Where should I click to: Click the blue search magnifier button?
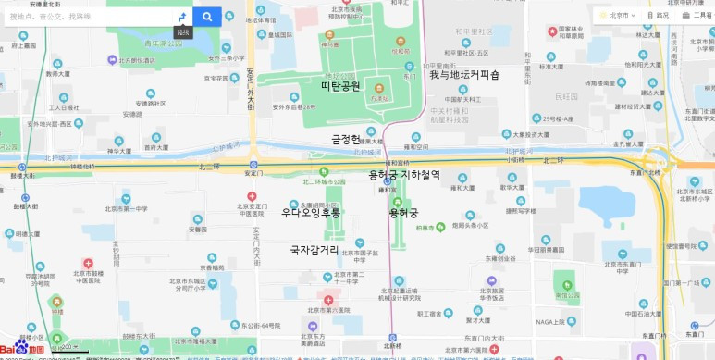208,16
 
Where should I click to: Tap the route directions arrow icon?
182,16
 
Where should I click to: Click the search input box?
88,16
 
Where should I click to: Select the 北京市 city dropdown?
617,15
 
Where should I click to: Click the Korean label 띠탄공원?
340,86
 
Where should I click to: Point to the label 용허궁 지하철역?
404,174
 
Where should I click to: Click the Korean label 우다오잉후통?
311,213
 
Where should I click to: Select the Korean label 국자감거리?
314,250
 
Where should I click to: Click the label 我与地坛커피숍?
464,75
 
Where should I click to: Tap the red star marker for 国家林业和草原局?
565,28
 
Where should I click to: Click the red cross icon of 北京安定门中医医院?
252,196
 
